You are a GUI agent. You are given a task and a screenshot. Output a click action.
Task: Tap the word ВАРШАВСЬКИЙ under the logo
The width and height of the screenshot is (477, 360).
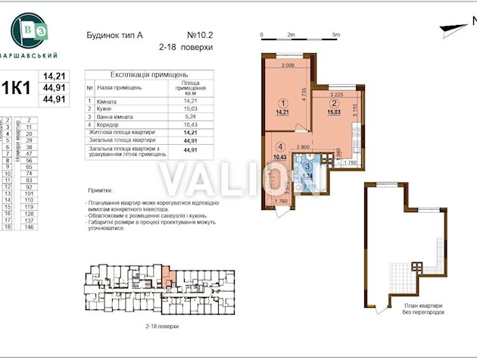[x=31, y=55]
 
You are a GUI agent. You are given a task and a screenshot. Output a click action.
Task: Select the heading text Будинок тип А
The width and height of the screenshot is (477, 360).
[x=108, y=34]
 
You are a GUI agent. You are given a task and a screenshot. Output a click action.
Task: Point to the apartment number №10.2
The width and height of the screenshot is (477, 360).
[x=201, y=34]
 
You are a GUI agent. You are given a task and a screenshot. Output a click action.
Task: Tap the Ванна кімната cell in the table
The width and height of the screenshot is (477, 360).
[x=114, y=117]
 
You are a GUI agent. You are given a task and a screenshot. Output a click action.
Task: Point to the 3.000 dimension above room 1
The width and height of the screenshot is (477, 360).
[x=287, y=66]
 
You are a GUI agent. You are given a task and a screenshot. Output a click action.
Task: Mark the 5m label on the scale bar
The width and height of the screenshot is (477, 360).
[x=336, y=35]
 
